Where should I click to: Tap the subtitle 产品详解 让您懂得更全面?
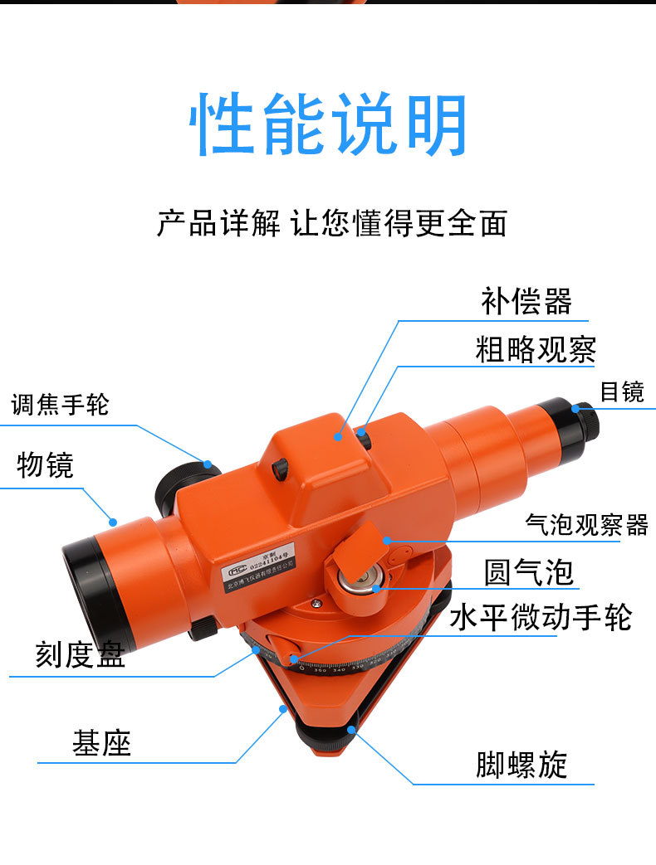[331, 223]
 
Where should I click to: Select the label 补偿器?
[526, 301]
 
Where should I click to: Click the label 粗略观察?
[536, 349]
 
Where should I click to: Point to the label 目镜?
[622, 391]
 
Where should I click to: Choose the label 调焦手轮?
[60, 405]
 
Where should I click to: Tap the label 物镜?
[46, 465]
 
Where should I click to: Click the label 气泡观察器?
[586, 524]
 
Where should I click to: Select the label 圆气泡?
[529, 572]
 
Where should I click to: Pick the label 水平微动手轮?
[541, 617]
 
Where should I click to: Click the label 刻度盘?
[80, 655]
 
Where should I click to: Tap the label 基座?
[101, 743]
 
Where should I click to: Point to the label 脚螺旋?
[521, 765]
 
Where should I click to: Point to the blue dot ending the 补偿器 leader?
[339, 434]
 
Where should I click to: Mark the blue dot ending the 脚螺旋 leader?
[353, 729]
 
